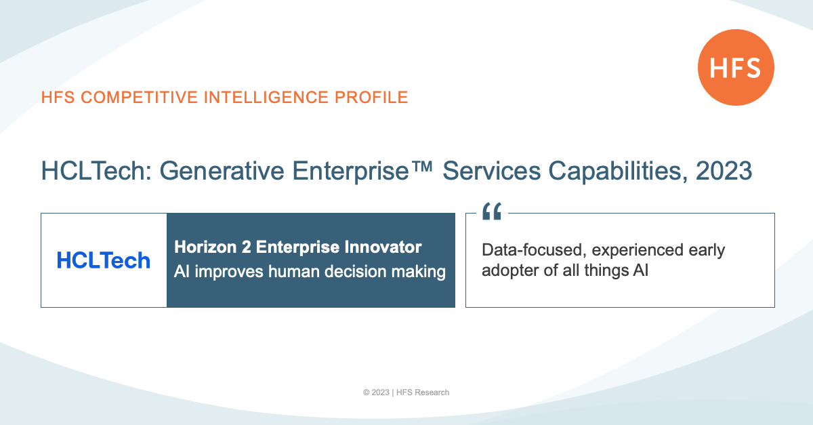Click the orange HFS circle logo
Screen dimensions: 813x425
coord(736,68)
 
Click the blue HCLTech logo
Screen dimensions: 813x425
coord(104,260)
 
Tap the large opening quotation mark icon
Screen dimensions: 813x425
coord(492,211)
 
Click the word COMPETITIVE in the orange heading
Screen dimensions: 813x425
coord(140,98)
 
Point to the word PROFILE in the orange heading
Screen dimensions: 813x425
coord(371,98)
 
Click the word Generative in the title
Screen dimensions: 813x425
coord(222,171)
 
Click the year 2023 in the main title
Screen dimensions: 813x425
coord(724,171)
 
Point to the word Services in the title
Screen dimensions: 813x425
coord(492,171)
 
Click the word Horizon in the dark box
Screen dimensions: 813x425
coord(205,247)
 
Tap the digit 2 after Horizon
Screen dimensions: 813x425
coord(247,247)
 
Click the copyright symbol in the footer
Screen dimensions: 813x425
coord(367,392)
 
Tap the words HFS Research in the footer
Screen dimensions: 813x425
coord(423,392)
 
